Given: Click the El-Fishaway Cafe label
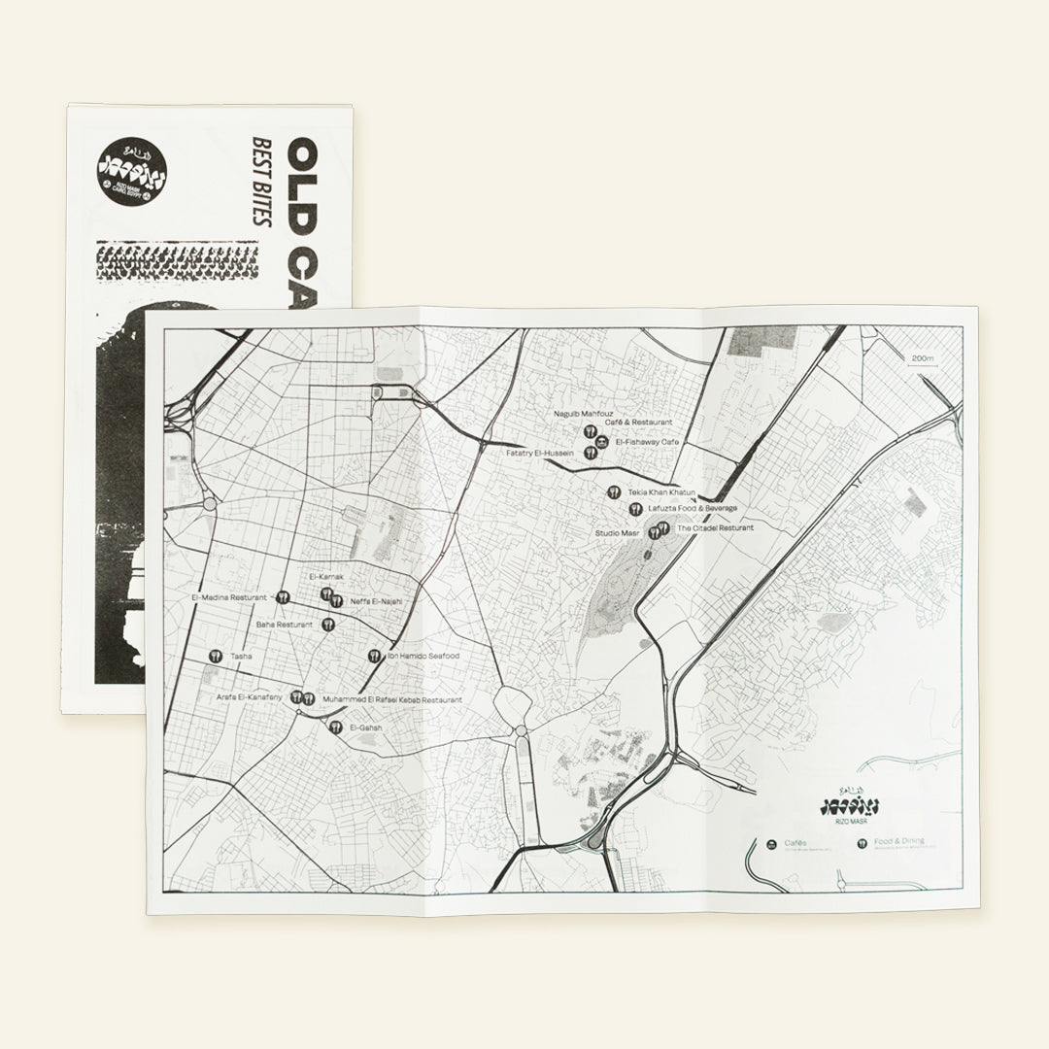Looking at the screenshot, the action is click(x=645, y=442).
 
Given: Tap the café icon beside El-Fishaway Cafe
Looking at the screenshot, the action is click(x=602, y=442).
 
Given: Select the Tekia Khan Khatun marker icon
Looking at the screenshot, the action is click(x=614, y=492).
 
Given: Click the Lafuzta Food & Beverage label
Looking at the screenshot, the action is click(x=693, y=508).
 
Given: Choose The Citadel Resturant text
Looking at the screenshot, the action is click(x=715, y=527).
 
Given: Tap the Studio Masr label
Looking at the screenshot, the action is click(x=617, y=533).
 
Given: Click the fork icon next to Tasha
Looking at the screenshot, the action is click(x=215, y=656).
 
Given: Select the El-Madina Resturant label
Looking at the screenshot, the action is click(x=229, y=597).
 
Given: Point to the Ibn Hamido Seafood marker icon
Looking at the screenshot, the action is click(x=374, y=656).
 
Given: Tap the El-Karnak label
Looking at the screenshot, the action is click(x=326, y=577).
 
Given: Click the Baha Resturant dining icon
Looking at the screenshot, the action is click(x=327, y=625).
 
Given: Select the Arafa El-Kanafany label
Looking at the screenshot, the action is click(x=249, y=698).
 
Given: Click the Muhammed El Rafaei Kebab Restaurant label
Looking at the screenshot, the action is click(x=391, y=699).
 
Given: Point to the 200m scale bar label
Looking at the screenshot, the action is click(x=922, y=358).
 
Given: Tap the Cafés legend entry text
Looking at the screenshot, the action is click(x=795, y=842).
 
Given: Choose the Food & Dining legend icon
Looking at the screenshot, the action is click(x=862, y=844).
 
